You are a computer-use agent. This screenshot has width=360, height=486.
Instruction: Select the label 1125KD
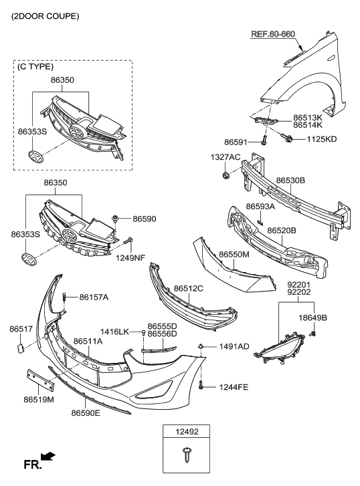coord(322,139)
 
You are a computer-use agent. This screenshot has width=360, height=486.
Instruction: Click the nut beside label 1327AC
coord(225,176)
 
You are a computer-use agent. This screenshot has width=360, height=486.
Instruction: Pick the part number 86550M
coord(235,255)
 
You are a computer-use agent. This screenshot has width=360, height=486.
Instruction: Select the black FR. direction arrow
coord(48,457)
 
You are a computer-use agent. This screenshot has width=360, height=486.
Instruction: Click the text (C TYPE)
coord(37,67)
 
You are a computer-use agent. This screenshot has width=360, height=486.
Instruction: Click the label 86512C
coord(189,288)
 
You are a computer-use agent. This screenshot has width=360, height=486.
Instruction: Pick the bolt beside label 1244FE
coord(201,385)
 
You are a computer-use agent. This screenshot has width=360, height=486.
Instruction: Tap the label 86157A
coord(94,297)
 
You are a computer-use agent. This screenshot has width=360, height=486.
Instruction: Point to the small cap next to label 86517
coord(20,347)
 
